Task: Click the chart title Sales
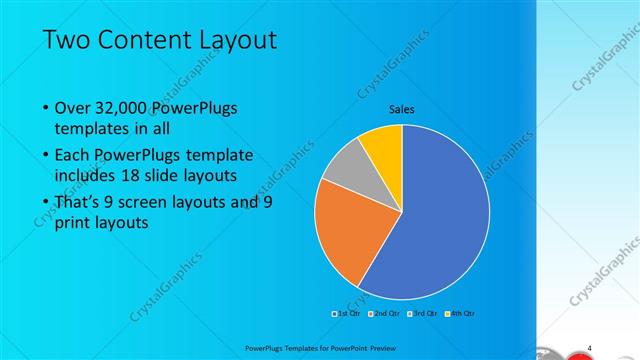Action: [x=402, y=109]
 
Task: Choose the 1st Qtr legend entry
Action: [x=346, y=314]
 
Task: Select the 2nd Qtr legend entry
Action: [x=385, y=314]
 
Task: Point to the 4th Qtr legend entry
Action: [x=461, y=314]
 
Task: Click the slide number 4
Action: [x=590, y=347]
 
